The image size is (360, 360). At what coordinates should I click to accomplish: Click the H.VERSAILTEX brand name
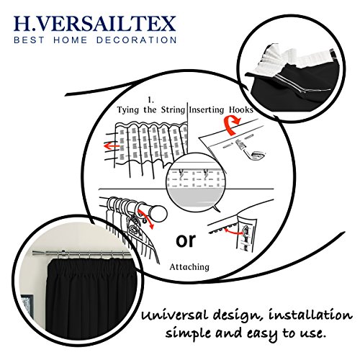95,24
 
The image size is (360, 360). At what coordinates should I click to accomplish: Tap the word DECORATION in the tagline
137,40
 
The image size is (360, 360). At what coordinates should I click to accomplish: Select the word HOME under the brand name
70,40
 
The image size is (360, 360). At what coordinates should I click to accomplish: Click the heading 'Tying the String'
151,110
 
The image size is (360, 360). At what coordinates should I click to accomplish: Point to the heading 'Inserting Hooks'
221,109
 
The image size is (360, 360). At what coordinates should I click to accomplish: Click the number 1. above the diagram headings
150,100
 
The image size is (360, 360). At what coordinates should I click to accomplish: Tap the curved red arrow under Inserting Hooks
231,125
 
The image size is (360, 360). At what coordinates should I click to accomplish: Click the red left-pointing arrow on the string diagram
112,145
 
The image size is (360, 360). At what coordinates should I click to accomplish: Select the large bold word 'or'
186,240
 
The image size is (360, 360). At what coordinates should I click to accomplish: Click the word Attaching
189,267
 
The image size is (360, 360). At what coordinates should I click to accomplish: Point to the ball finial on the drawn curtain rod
158,213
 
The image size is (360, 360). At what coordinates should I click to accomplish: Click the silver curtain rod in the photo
81,253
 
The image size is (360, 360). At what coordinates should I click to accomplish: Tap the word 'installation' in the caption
310,315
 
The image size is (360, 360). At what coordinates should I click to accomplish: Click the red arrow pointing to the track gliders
233,231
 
